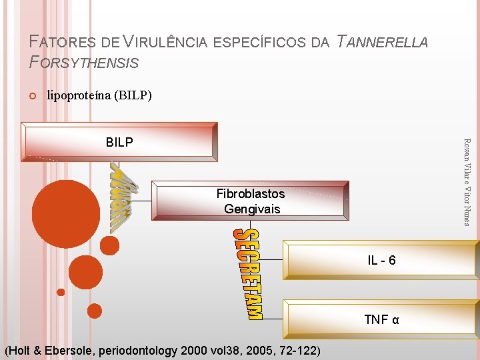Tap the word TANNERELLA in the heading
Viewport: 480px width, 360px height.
point(383,43)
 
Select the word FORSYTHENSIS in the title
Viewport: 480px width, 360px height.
point(85,63)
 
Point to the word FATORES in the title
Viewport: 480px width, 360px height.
point(64,43)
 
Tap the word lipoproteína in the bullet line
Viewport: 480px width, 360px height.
point(79,95)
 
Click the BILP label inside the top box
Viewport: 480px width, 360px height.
point(119,142)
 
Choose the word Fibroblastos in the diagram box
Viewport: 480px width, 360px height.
point(251,194)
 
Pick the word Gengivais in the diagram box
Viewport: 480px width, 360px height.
point(252,209)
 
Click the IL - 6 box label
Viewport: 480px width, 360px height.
point(381,260)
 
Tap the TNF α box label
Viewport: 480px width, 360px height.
point(381,319)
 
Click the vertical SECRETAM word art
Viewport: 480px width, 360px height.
point(247,273)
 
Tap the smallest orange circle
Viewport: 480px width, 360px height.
point(61,292)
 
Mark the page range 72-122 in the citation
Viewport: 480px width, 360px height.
point(297,351)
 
